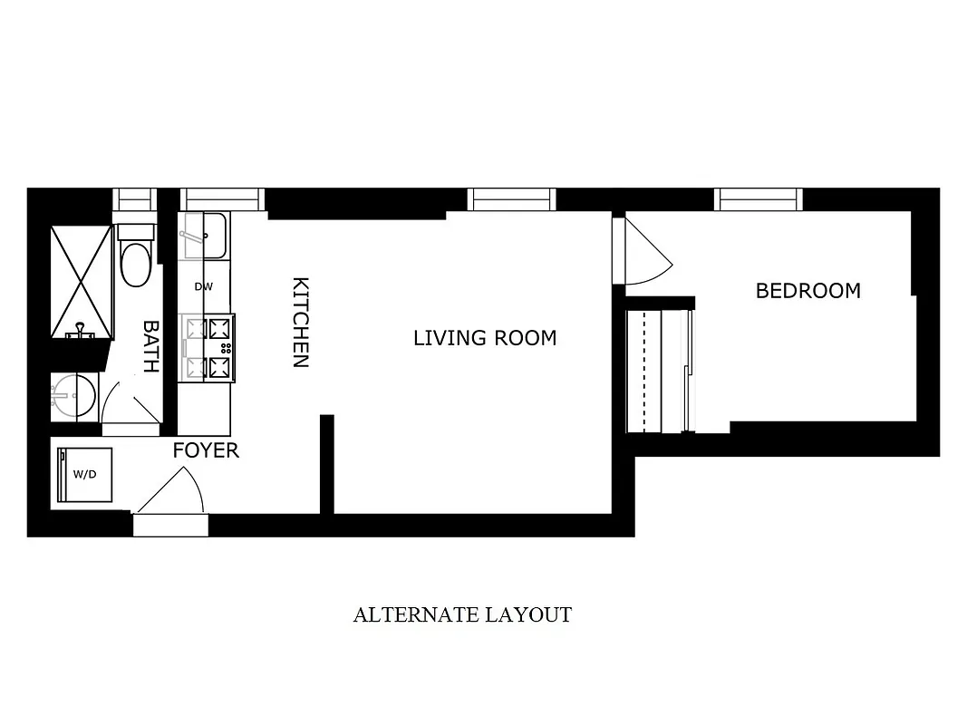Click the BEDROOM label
pos(807,291)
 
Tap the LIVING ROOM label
pos(485,338)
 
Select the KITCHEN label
pos(300,322)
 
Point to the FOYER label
pos(206,450)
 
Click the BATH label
pos(150,346)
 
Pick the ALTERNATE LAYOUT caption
pos(462,615)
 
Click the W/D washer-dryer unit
pos(85,474)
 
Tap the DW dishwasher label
pos(204,286)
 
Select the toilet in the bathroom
pos(136,260)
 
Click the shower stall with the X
pos(82,281)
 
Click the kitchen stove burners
pos(208,348)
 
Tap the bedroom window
pos(758,199)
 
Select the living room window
pos(512,199)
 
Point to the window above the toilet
pos(134,199)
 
